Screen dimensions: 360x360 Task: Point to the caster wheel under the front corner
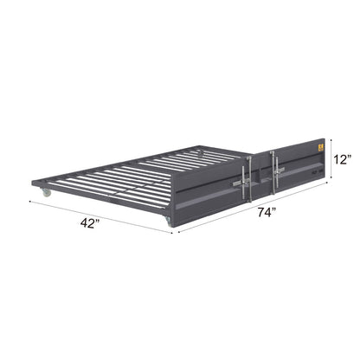pos(170,227)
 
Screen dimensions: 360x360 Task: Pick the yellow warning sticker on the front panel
pos(318,148)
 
